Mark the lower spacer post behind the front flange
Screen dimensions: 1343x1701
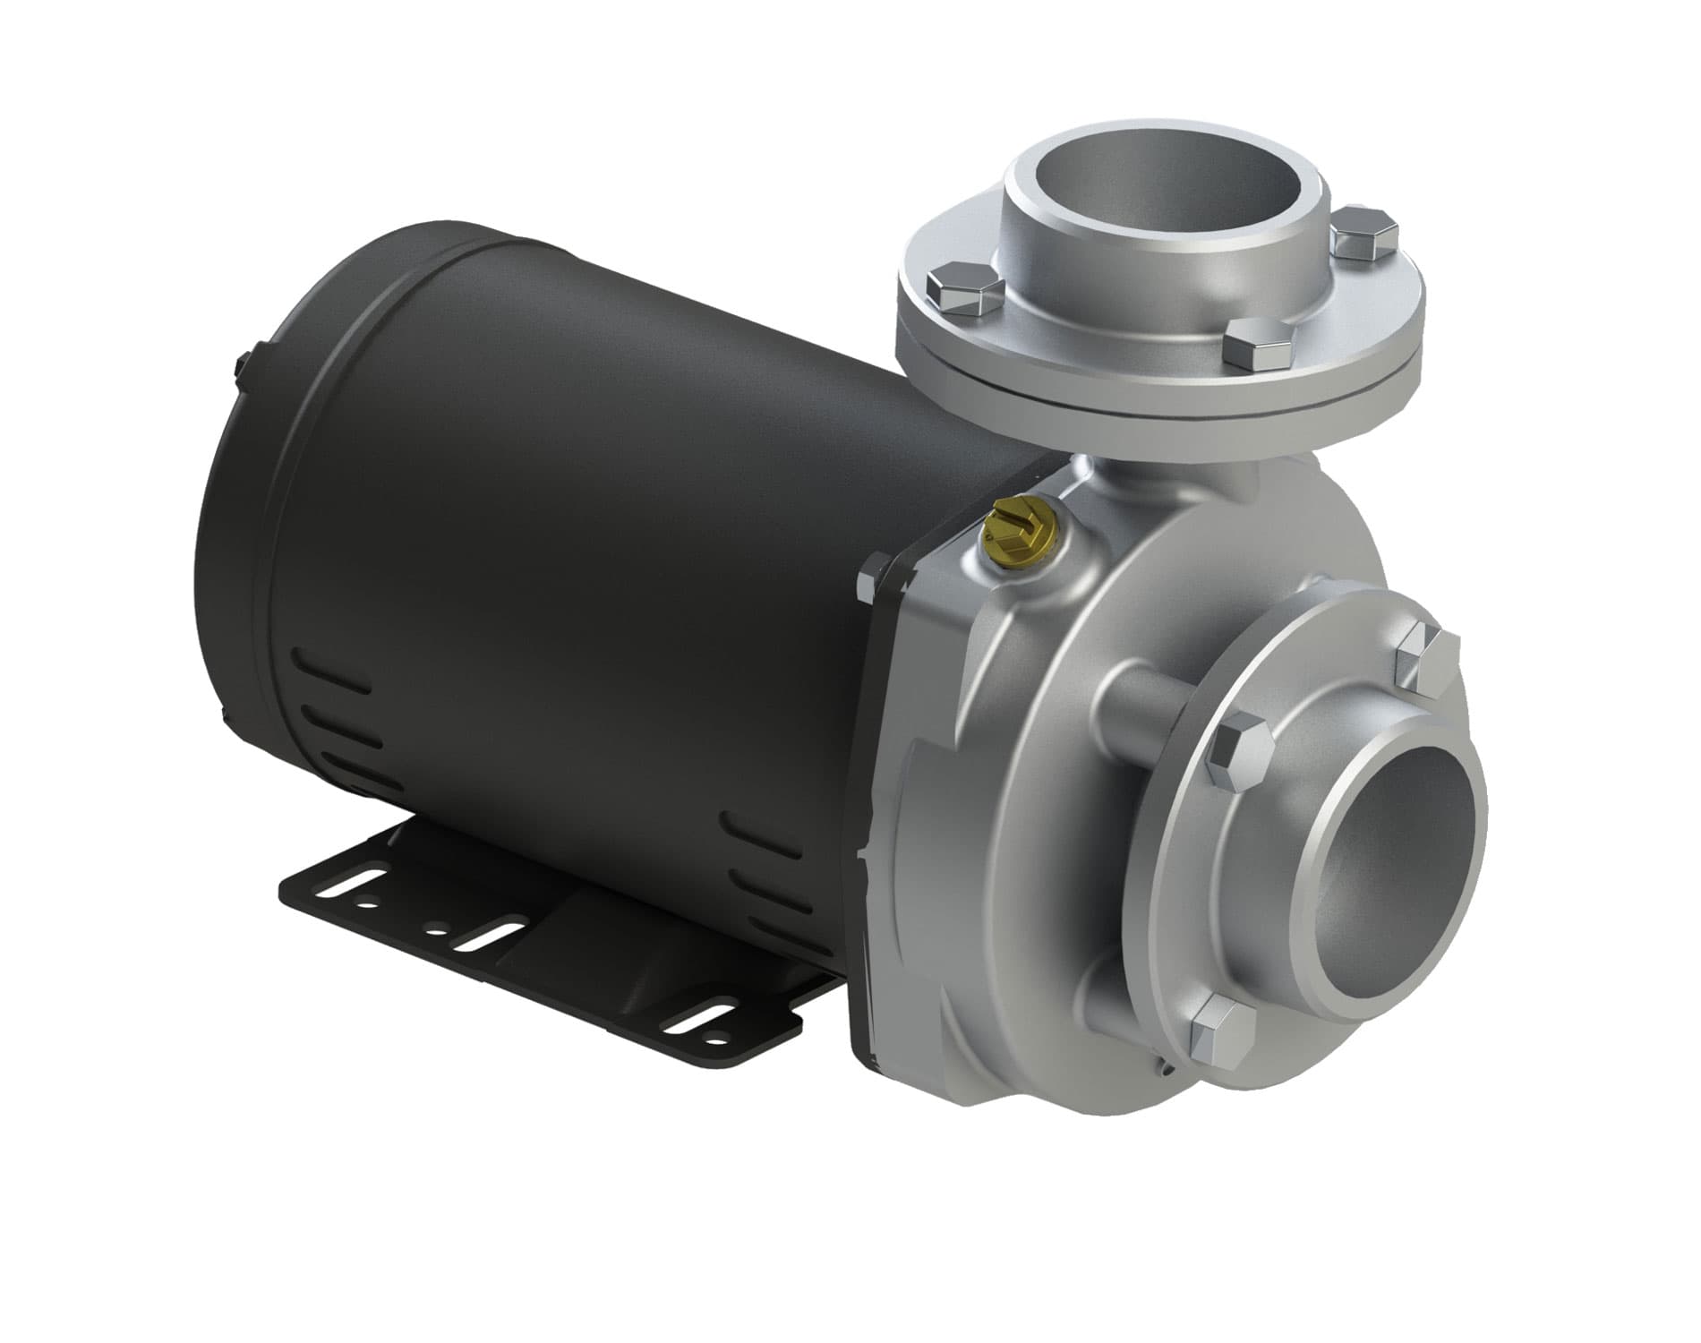pos(1110,985)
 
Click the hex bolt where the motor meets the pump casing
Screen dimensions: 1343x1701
pos(868,578)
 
